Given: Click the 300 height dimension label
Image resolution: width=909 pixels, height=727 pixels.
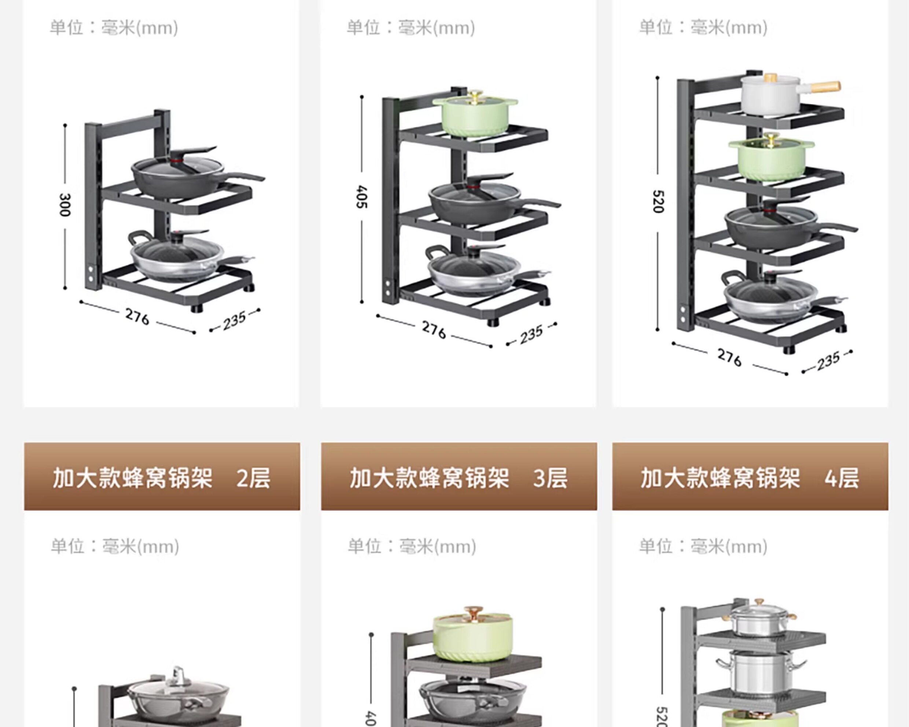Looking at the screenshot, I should [65, 205].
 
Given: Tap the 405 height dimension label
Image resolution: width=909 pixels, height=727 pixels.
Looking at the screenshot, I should [362, 197].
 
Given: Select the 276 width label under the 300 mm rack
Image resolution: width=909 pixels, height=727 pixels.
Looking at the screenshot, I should [137, 317].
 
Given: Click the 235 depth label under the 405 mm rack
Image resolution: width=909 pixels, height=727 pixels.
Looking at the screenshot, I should [531, 335].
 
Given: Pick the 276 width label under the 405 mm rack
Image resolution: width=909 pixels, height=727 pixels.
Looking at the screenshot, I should [434, 330].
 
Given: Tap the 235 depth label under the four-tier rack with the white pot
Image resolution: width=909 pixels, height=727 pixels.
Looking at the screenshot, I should [828, 361].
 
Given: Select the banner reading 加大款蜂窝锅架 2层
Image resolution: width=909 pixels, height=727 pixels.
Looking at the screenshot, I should [162, 477].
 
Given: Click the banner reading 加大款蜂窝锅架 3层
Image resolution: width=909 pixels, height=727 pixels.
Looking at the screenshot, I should [459, 477].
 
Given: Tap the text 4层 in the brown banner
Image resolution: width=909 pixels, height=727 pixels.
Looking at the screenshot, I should [842, 478].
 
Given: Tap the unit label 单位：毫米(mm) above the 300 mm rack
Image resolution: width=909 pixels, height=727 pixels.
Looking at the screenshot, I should [114, 28].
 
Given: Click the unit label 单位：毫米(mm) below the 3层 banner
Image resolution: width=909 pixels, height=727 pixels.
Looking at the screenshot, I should [412, 547].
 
